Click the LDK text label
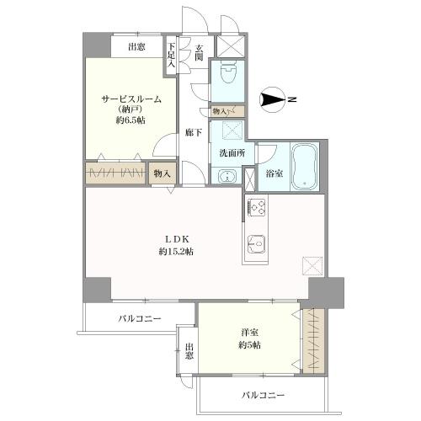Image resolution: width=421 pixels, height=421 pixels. (x=174, y=239)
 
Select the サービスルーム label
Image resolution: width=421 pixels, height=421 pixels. (x=132, y=99)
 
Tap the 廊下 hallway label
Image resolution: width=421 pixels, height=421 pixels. (x=192, y=132)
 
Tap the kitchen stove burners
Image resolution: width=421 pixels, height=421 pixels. (x=256, y=207)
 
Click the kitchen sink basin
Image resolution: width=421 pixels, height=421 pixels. (x=256, y=246)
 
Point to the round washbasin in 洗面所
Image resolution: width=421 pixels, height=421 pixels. (x=225, y=175)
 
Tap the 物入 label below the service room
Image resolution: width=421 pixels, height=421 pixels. (x=163, y=173)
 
